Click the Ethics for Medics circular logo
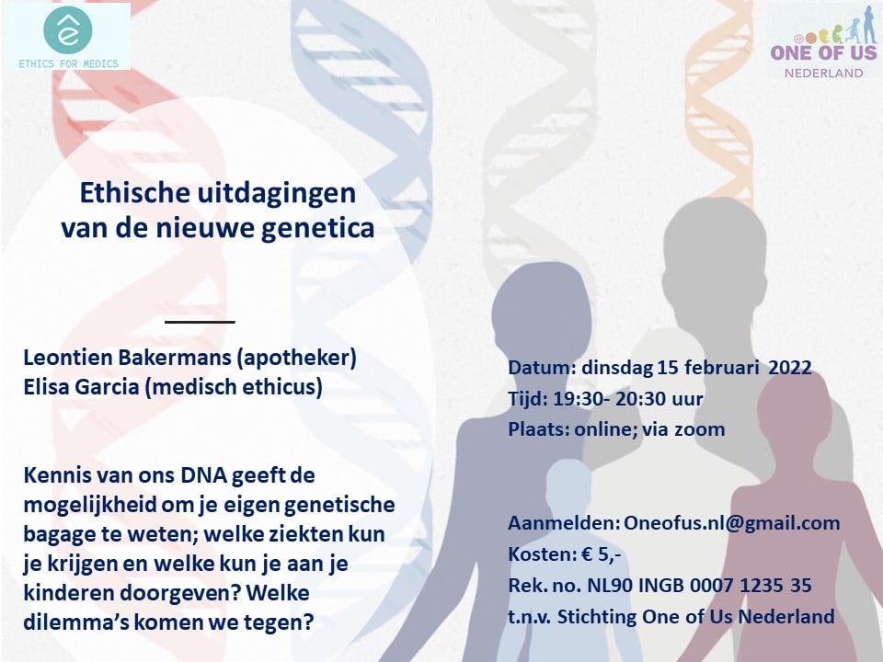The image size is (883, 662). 67,30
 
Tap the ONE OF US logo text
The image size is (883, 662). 824,53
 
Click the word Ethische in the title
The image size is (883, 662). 134,193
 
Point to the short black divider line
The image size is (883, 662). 200,322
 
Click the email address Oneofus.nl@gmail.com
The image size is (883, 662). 731,523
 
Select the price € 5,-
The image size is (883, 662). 602,555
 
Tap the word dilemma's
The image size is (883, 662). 61,622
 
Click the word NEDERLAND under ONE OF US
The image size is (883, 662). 824,73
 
